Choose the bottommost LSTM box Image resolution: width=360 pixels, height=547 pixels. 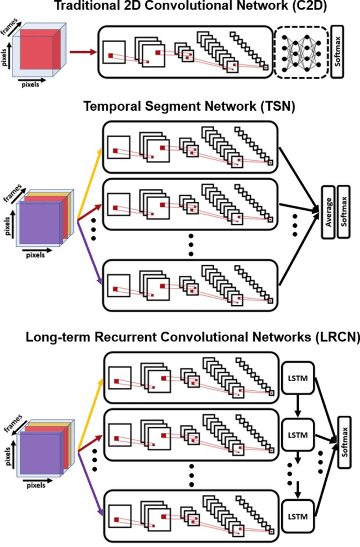[296, 516]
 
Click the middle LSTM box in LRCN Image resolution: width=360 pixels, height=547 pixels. [296, 436]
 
